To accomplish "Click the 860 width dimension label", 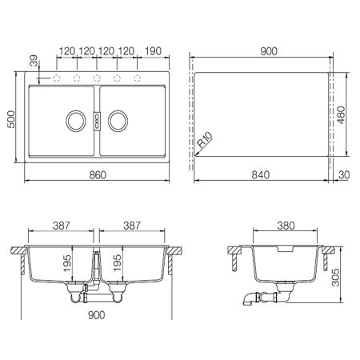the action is pos(98,175).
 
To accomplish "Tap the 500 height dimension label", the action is pos(11,119).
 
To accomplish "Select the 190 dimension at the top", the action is pos(154,51).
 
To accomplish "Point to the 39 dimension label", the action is pos(34,61).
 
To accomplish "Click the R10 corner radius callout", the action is pos(205,140).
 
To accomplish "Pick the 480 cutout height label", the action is pos(341,115).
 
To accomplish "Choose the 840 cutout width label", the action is pos(261,175).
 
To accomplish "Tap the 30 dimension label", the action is pos(344,175).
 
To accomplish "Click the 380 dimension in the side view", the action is pos(286,226).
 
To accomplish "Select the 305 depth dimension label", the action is pos(335,278).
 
